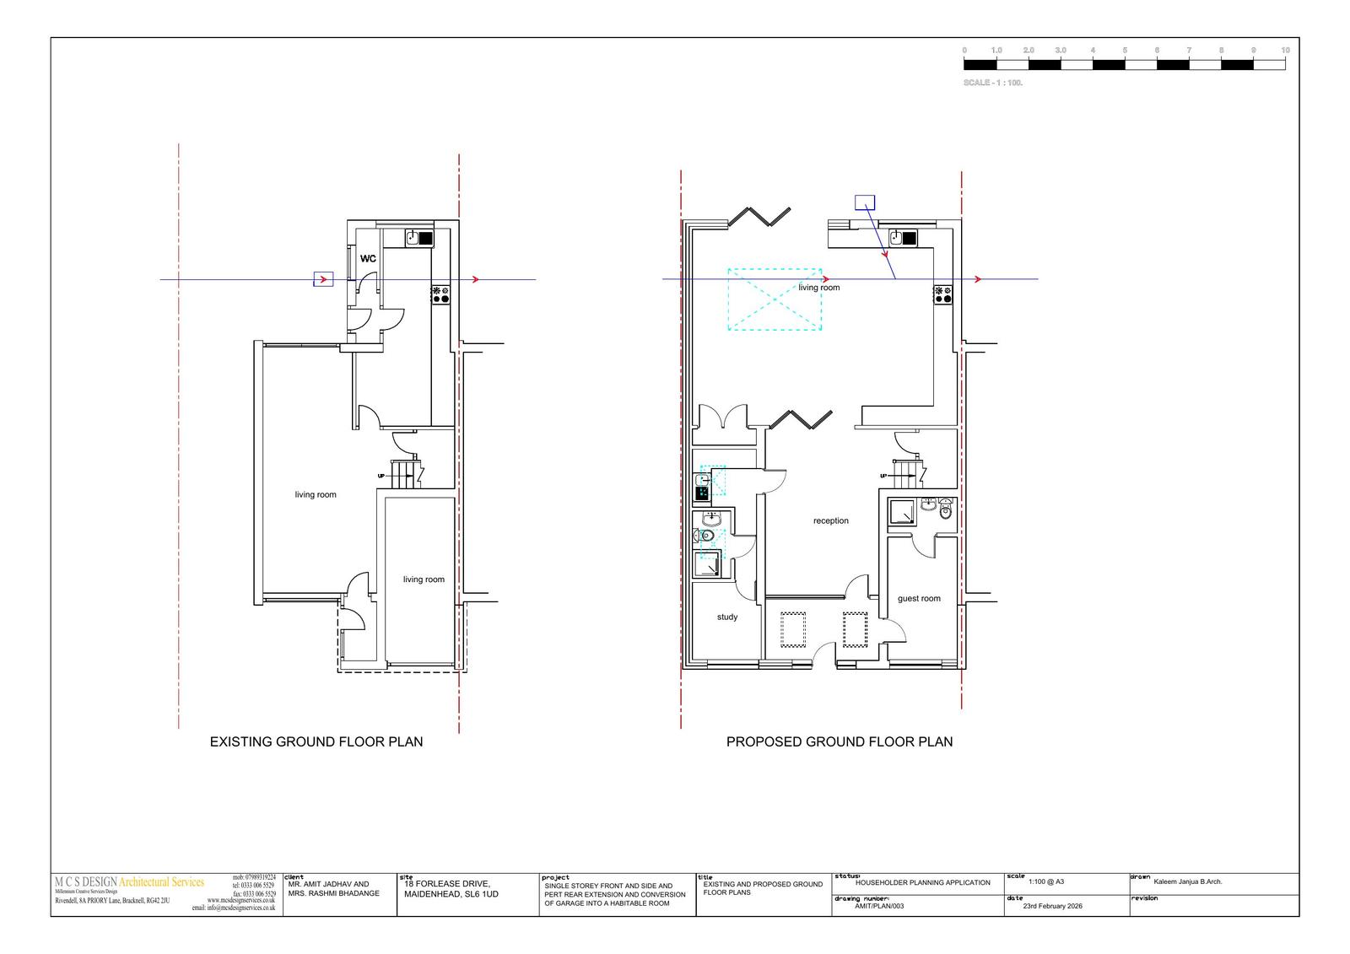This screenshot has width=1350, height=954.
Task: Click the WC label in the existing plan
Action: pyautogui.click(x=369, y=259)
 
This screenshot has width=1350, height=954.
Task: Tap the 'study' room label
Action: pyautogui.click(x=727, y=617)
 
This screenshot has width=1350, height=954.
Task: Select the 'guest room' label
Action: pyautogui.click(x=919, y=599)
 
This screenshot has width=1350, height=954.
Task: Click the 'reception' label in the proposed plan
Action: pyautogui.click(x=831, y=521)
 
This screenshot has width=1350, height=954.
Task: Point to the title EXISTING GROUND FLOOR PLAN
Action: pyautogui.click(x=316, y=742)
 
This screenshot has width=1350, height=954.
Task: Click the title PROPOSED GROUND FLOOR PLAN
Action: pyautogui.click(x=840, y=742)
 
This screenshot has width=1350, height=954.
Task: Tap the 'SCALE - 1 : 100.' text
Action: pyautogui.click(x=993, y=84)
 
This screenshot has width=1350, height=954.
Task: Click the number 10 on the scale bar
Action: pyautogui.click(x=1285, y=51)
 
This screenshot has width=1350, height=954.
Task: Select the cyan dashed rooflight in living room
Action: pyautogui.click(x=775, y=299)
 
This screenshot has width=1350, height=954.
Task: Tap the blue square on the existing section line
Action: pyautogui.click(x=323, y=279)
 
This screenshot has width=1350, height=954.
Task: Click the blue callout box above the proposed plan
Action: pyautogui.click(x=865, y=202)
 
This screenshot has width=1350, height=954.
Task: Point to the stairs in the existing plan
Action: pyautogui.click(x=404, y=472)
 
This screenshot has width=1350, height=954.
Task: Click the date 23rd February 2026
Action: pyautogui.click(x=1052, y=906)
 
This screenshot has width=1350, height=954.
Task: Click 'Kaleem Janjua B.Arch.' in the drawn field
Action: pyautogui.click(x=1187, y=882)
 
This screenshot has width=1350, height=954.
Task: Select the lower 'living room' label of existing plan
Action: pyautogui.click(x=424, y=579)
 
